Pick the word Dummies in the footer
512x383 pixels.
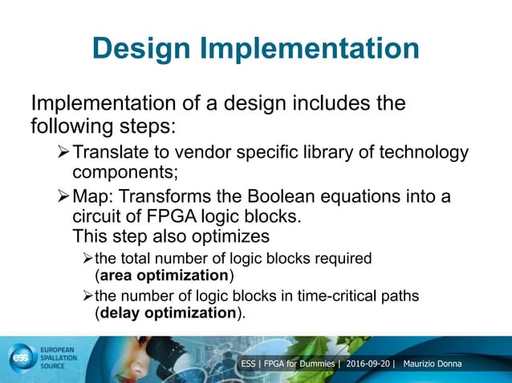[x=317, y=365]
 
